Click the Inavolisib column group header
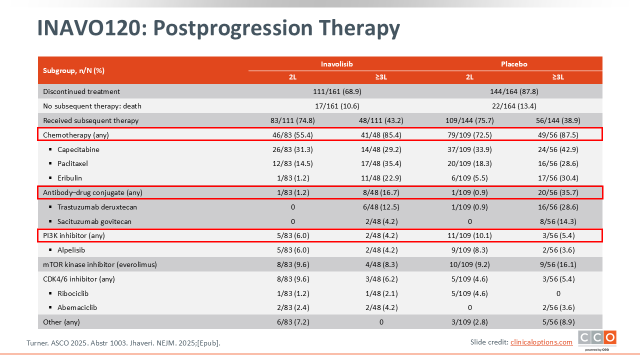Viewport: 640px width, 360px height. tap(336, 64)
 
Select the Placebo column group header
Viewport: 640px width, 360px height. tap(514, 64)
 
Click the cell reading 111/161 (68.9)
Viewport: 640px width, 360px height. tap(337, 91)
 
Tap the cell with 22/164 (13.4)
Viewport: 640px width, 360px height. tap(514, 106)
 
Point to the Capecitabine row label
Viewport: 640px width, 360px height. tap(78, 149)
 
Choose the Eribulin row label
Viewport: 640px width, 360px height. tap(69, 178)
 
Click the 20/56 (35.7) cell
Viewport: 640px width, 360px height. tap(558, 192)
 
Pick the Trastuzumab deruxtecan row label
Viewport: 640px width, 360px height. tap(97, 207)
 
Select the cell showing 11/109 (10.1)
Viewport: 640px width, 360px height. tap(469, 235)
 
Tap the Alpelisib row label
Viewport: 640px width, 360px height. tap(71, 250)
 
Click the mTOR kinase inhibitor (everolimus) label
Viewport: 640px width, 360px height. tap(100, 264)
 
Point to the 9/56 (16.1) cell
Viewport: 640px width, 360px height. tap(558, 264)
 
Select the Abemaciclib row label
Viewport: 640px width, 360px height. tap(77, 307)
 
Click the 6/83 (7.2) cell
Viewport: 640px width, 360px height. tap(293, 322)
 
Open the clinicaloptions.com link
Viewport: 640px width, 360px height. tap(541, 342)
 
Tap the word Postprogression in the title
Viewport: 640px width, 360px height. tap(233, 28)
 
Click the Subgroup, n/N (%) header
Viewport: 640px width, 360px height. tap(73, 70)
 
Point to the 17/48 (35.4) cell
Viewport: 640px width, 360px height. tap(381, 163)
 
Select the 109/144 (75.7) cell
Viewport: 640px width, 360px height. tap(469, 120)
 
